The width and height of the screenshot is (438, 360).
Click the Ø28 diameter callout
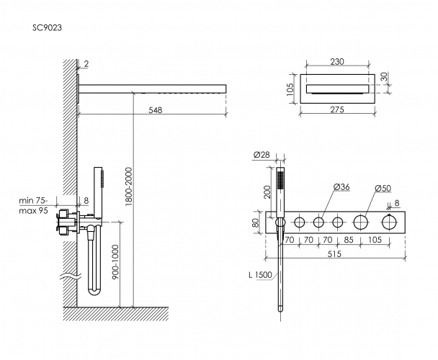point(263,155)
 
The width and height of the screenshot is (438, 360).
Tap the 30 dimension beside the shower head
point(384,76)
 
